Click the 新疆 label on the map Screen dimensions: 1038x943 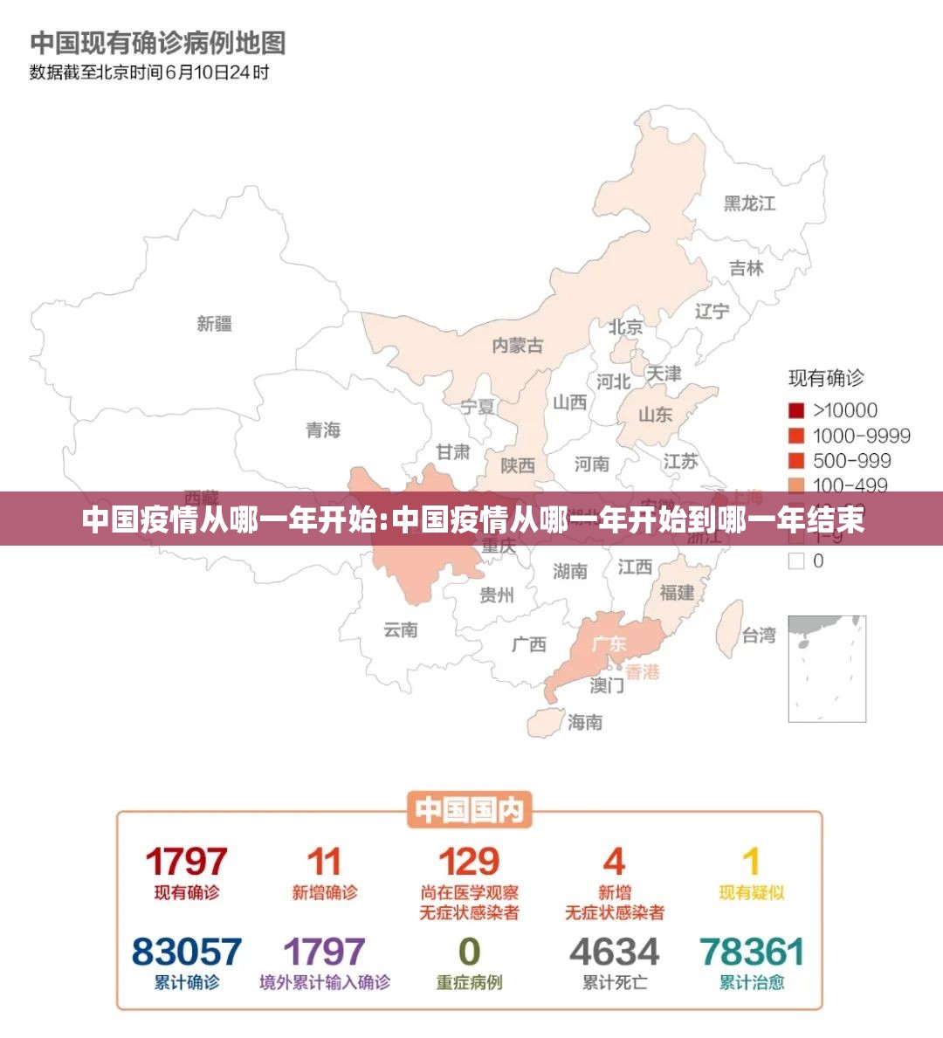click(214, 324)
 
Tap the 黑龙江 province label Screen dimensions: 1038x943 click(749, 203)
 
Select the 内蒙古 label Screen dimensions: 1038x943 click(517, 346)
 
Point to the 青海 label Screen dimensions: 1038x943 click(322, 430)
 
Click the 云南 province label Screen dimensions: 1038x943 click(400, 629)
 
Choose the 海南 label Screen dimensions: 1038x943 click(585, 722)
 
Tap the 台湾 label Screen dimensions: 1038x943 click(759, 636)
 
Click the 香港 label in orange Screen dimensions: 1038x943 click(643, 672)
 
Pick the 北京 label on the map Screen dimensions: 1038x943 click(626, 327)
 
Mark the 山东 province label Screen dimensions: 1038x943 click(655, 415)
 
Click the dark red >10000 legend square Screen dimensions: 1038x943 click(796, 410)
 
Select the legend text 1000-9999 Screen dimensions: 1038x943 click(861, 436)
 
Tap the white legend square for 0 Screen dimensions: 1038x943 click(796, 561)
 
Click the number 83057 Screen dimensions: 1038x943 click(187, 952)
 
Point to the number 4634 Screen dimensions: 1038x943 click(615, 952)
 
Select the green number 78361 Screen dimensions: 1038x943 click(752, 952)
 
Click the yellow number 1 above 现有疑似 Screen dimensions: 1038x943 click(751, 863)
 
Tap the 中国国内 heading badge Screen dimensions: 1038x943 click(469, 810)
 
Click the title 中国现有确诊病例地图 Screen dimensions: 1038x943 click(158, 42)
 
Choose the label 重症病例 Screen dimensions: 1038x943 click(469, 982)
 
